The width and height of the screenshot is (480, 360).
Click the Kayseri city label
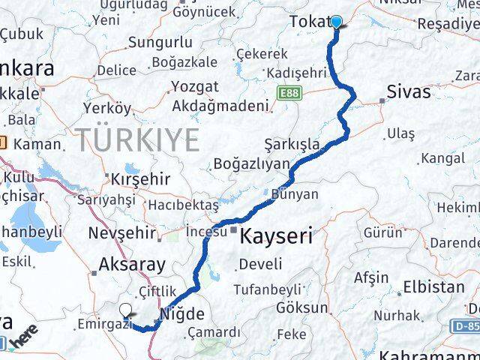click(277, 237)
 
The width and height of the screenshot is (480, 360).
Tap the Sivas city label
click(408, 92)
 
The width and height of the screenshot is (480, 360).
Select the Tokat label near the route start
click(309, 22)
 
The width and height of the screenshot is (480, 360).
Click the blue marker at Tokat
click(335, 22)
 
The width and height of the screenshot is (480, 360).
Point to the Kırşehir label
click(140, 180)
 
